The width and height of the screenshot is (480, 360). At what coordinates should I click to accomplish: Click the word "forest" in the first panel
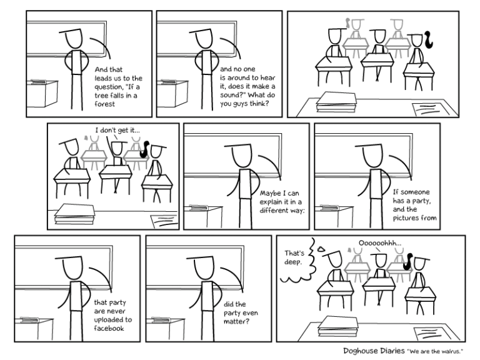tap(105, 104)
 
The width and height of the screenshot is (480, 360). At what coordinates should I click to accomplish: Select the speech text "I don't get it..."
tap(117, 130)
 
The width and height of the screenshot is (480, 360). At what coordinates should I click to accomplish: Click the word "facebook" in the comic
tap(109, 328)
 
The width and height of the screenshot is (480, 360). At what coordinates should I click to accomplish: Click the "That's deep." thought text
tap(294, 257)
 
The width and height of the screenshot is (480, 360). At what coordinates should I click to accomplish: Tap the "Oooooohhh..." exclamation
tap(380, 243)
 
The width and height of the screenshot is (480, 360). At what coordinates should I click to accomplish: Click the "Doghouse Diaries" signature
tap(374, 351)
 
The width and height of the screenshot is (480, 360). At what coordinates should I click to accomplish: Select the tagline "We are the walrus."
tap(435, 351)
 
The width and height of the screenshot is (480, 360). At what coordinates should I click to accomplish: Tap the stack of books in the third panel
tap(336, 102)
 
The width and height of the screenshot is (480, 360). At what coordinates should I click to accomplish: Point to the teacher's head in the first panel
tap(74, 39)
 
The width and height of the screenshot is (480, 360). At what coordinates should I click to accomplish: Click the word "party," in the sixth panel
tap(421, 201)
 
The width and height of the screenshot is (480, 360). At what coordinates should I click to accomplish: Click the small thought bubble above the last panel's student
tap(321, 249)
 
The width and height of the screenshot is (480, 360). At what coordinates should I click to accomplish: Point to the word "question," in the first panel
tap(108, 87)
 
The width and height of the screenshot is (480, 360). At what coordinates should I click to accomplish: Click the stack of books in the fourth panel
tap(74, 214)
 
